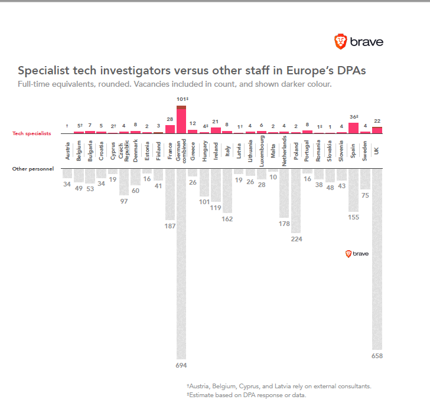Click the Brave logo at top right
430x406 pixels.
(x=359, y=41)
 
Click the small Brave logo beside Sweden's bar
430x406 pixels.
(x=357, y=253)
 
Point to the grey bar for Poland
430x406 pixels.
(x=296, y=201)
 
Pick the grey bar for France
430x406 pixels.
(x=170, y=195)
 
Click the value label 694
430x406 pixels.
(x=181, y=366)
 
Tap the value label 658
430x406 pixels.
(x=377, y=356)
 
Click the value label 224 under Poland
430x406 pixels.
(x=296, y=240)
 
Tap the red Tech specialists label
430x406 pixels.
(x=32, y=133)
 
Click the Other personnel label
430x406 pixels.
(x=33, y=169)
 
